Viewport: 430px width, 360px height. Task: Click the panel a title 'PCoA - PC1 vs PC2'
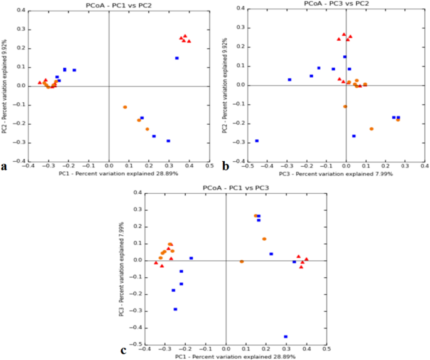(109, 5)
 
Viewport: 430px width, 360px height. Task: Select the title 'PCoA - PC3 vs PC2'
(333, 4)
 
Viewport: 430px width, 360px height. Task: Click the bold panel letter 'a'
(4, 166)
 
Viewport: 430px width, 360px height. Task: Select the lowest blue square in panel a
(168, 141)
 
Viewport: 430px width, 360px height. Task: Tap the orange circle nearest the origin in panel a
(125, 107)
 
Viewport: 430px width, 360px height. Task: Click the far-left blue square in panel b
(257, 141)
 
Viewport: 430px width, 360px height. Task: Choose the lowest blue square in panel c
(286, 337)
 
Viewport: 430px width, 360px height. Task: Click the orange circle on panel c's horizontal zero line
(242, 262)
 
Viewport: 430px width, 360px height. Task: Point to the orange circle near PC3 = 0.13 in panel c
(264, 239)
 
